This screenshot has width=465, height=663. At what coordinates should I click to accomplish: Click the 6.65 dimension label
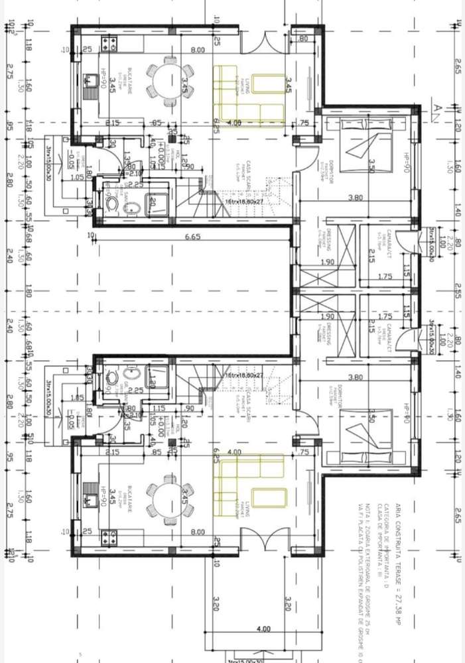pos(192,236)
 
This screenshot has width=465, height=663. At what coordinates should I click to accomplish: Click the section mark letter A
pos(436,109)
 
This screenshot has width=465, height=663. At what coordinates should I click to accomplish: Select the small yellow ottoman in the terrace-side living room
pos(268,498)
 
